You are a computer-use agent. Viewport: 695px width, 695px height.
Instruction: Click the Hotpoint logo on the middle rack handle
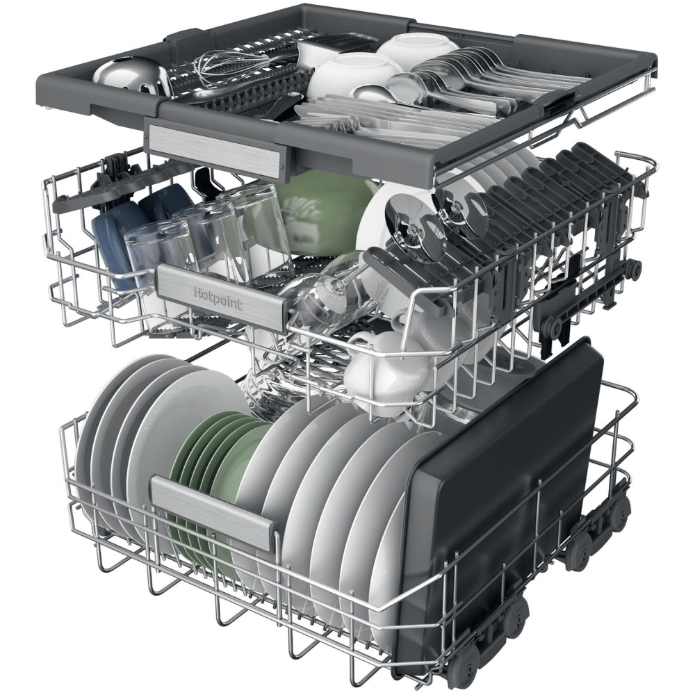pos(218,298)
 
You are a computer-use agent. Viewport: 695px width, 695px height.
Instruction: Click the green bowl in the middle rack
pos(320,212)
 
